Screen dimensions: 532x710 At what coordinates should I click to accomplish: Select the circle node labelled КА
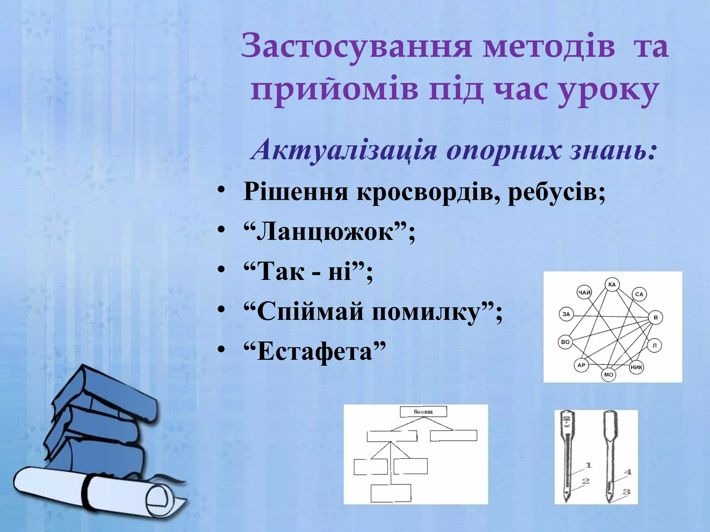(612, 285)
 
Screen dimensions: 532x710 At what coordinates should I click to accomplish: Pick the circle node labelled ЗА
(566, 314)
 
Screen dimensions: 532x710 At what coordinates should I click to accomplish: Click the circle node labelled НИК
(636, 367)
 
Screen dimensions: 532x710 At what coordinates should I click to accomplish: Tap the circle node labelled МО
(609, 375)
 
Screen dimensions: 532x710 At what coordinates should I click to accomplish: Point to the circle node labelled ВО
(565, 342)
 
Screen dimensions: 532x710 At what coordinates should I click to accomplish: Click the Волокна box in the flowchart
(423, 412)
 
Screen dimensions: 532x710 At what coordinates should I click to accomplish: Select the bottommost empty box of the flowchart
(391, 493)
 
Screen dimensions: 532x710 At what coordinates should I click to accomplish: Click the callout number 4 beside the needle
(628, 472)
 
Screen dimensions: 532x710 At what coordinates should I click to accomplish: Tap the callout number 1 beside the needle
(588, 465)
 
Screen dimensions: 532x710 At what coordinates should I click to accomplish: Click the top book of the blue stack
(104, 391)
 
